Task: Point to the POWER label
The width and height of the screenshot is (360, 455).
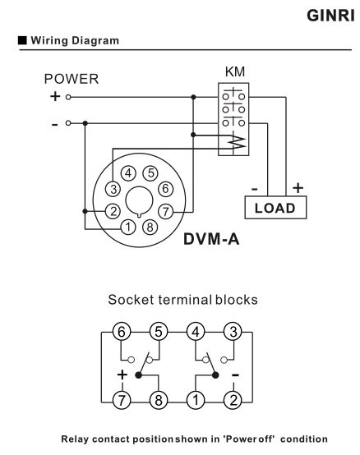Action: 72,80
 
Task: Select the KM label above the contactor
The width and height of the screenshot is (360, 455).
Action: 234,72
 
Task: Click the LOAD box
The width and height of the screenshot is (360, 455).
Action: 275,209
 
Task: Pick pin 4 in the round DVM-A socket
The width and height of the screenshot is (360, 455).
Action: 128,172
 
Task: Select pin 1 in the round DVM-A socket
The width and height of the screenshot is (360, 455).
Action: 128,227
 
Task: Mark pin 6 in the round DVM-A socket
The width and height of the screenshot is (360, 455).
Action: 165,188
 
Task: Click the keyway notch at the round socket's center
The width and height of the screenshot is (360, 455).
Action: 141,200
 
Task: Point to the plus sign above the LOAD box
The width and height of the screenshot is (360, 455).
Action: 298,189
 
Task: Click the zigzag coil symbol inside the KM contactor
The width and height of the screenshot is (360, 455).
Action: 235,141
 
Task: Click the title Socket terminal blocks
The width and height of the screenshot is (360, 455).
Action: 180,300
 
